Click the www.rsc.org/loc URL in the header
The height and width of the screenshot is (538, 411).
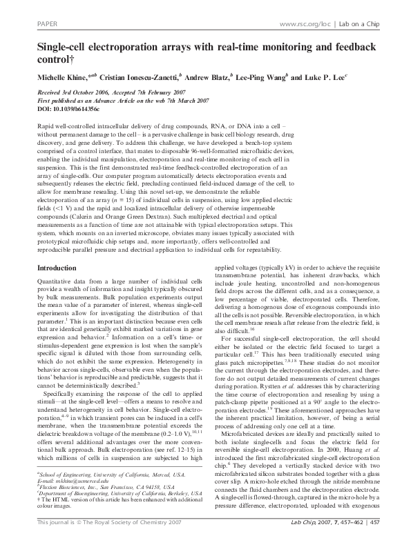coord(304,24)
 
